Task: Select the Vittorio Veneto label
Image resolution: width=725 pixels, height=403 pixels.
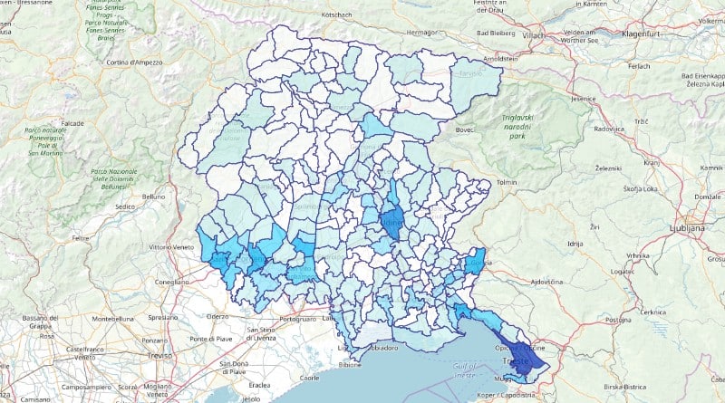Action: pos(172,246)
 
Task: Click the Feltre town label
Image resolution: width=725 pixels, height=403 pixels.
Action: pos(82,239)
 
